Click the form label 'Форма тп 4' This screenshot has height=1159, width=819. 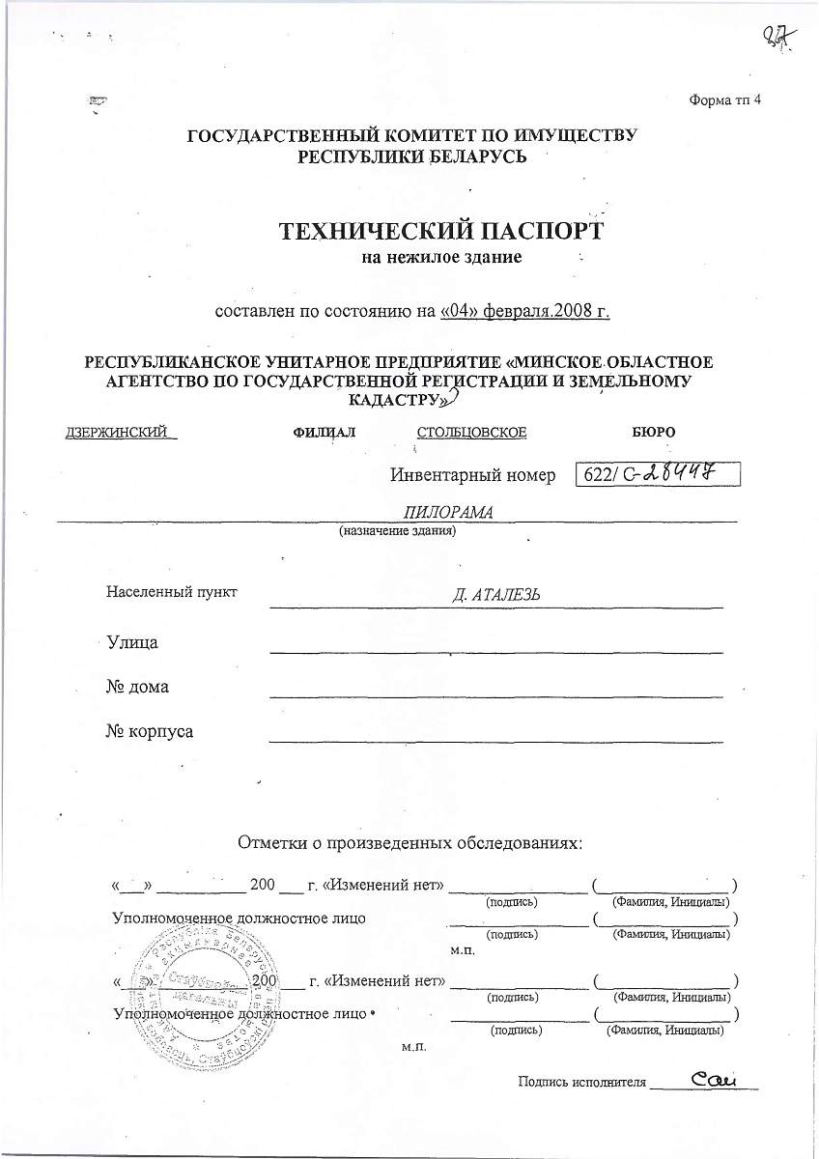[x=724, y=100]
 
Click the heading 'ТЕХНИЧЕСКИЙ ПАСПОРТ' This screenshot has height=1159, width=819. [x=440, y=232]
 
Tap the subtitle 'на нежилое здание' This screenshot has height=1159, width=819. [x=440, y=258]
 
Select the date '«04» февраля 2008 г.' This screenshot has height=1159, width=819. [x=525, y=311]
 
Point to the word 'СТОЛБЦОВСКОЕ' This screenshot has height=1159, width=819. [x=471, y=432]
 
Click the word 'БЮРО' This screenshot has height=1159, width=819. [x=653, y=432]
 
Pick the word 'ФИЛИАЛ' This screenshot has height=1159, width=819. [x=324, y=432]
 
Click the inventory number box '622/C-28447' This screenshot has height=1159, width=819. [x=657, y=474]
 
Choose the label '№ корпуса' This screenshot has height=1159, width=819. [x=149, y=731]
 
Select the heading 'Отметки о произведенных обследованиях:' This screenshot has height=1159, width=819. [x=410, y=842]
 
